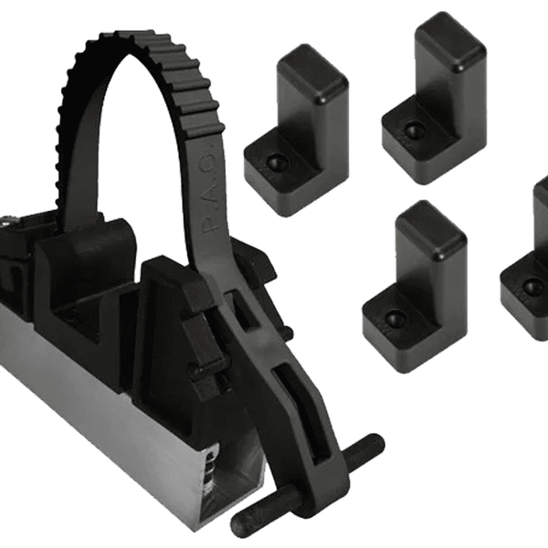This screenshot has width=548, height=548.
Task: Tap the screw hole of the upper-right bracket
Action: pyautogui.click(x=414, y=131)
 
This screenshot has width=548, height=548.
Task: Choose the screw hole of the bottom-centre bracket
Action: pyautogui.click(x=394, y=318)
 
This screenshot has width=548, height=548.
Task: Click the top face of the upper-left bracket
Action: pyautogui.click(x=311, y=64)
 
